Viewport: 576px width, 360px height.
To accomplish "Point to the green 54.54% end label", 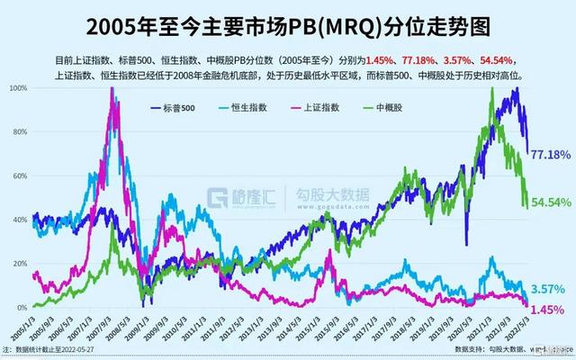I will (x=552, y=202).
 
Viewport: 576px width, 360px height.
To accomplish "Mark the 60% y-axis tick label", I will (x=18, y=175).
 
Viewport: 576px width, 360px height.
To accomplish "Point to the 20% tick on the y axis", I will (x=18, y=263).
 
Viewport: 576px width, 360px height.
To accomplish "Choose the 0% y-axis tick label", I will (x=21, y=307).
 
